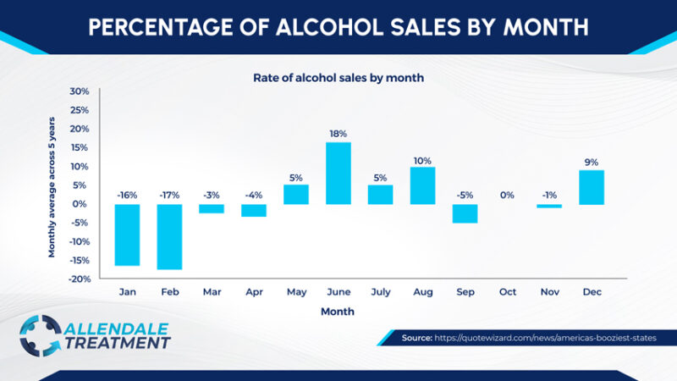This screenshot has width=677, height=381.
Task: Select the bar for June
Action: [338, 173]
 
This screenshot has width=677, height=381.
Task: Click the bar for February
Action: [169, 236]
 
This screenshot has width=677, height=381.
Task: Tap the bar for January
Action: [127, 235]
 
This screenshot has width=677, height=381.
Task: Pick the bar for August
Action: [422, 185]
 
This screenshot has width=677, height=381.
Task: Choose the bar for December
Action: [592, 187]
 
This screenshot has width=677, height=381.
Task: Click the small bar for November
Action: [549, 206]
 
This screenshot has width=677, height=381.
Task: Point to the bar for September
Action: [465, 213]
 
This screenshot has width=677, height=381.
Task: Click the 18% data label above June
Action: [338, 133]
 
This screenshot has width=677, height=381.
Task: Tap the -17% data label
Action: [169, 195]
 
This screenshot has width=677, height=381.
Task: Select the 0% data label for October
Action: [507, 195]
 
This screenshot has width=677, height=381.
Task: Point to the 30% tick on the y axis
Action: [80, 91]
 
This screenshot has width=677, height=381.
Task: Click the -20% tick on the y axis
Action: [79, 279]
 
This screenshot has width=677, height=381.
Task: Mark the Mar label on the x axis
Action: [212, 292]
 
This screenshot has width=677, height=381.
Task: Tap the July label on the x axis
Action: [380, 292]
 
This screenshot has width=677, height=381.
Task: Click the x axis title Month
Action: [338, 312]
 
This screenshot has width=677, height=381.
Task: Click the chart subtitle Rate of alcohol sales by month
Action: [338, 77]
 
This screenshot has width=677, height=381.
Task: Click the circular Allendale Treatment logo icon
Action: [40, 335]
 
